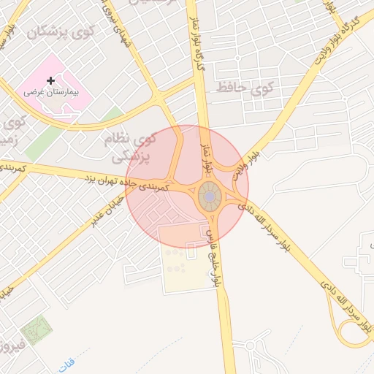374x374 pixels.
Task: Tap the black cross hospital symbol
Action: pos(50,80)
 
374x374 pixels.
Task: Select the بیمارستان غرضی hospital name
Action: pos(52,93)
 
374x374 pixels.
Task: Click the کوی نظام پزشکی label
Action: pos(132,146)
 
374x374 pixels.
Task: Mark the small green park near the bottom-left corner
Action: pos(37,332)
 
